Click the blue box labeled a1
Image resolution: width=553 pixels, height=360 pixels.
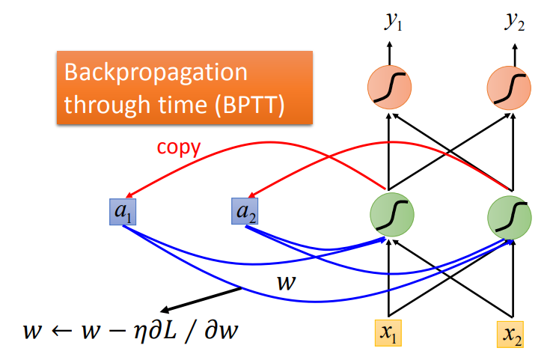(121, 214)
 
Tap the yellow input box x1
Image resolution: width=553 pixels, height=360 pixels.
(388, 332)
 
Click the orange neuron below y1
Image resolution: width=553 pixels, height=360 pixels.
(389, 88)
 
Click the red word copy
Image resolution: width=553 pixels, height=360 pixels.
(178, 147)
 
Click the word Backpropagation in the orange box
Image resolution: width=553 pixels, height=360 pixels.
(156, 73)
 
